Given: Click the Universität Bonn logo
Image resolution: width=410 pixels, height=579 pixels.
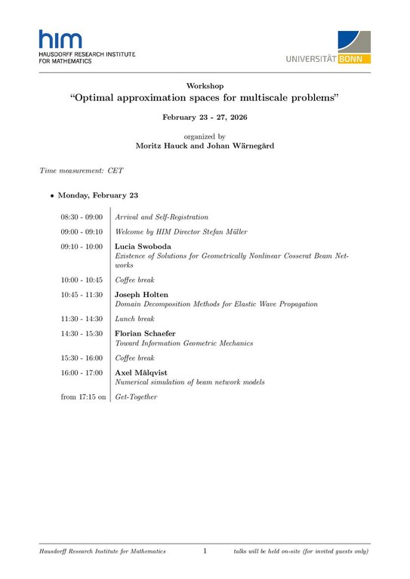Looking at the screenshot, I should pyautogui.click(x=328, y=48).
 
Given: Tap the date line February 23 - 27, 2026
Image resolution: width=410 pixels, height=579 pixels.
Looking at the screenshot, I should pyautogui.click(x=205, y=118).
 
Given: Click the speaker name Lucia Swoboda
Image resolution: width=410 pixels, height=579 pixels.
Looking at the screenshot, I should pyautogui.click(x=142, y=246).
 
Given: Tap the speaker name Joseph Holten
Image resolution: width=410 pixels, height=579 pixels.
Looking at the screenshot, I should pyautogui.click(x=142, y=294).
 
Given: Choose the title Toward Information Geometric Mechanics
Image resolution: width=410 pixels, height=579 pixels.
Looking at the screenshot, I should pyautogui.click(x=183, y=343).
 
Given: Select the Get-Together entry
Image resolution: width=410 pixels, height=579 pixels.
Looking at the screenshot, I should pyautogui.click(x=136, y=397).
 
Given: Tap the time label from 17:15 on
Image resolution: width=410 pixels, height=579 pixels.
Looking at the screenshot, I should pyautogui.click(x=83, y=397).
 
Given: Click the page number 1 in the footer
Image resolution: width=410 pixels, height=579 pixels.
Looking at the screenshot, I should pyautogui.click(x=205, y=552).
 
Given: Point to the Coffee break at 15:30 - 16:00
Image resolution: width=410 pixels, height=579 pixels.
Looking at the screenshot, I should pyautogui.click(x=134, y=358).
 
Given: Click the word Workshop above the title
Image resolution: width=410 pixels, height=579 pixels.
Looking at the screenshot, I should pyautogui.click(x=205, y=86).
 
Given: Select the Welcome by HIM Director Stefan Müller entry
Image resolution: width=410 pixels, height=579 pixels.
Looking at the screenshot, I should pyautogui.click(x=180, y=231).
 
